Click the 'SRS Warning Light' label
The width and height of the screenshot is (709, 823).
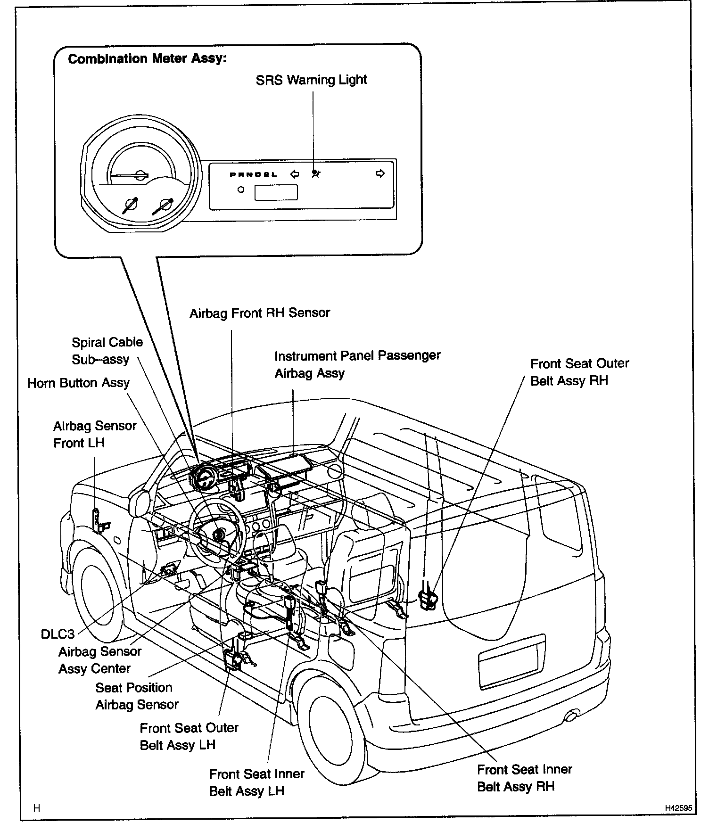(311, 80)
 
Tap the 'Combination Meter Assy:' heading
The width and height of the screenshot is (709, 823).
(147, 59)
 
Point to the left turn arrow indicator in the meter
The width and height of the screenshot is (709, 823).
(295, 174)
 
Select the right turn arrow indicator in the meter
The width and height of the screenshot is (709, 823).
(380, 173)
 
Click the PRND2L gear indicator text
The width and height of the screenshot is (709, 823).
(253, 175)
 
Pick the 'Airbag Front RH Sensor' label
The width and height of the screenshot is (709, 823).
(259, 313)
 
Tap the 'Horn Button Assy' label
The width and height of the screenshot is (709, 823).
(78, 383)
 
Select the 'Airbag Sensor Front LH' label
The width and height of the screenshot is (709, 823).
(94, 434)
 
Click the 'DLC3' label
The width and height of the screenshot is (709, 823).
(58, 634)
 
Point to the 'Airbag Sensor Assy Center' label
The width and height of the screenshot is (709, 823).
(99, 660)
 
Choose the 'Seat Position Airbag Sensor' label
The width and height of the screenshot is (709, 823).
(137, 696)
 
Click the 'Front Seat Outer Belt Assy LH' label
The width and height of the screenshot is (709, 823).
(189, 736)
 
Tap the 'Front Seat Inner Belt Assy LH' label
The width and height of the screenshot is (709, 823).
(256, 782)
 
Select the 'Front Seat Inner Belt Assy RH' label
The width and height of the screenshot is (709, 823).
(524, 778)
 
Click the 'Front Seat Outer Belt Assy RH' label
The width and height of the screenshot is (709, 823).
(579, 372)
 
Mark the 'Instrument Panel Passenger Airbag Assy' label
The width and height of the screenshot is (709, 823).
(357, 364)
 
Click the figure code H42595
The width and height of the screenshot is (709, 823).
(678, 808)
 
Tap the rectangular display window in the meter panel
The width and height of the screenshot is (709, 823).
(276, 192)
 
